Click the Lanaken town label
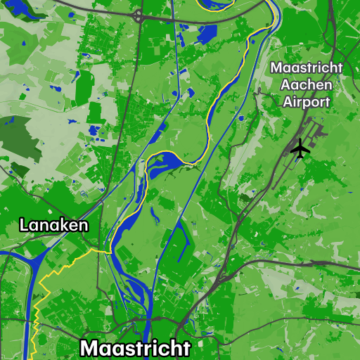pos(54,225)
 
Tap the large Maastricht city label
pos(135,348)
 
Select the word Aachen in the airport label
pos(307,84)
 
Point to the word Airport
pos(307,101)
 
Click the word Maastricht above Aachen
pos(307,68)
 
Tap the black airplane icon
pos(300,148)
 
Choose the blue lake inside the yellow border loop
pos(165,164)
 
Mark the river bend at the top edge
pos(215,6)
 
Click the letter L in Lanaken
pos(24,225)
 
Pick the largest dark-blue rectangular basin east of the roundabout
pos(207,34)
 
